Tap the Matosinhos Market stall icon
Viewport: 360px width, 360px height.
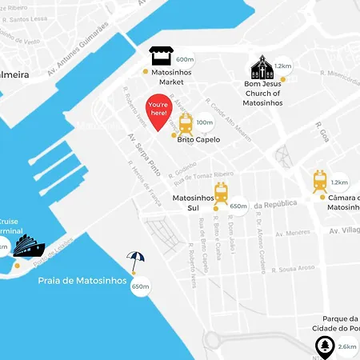click(162, 57)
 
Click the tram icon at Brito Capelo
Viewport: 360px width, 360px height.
click(186, 124)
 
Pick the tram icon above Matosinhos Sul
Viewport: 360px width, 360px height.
click(221, 191)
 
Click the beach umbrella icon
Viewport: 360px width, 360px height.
click(136, 262)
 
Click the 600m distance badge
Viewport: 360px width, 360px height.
click(185, 59)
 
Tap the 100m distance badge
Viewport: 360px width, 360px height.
click(205, 122)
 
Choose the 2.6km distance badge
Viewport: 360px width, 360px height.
click(347, 346)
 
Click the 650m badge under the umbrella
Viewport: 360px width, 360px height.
click(141, 286)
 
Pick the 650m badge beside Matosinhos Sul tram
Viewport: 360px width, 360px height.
click(238, 206)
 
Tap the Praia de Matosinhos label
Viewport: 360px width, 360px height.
click(82, 281)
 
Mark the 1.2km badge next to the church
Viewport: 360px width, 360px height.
click(282, 66)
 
